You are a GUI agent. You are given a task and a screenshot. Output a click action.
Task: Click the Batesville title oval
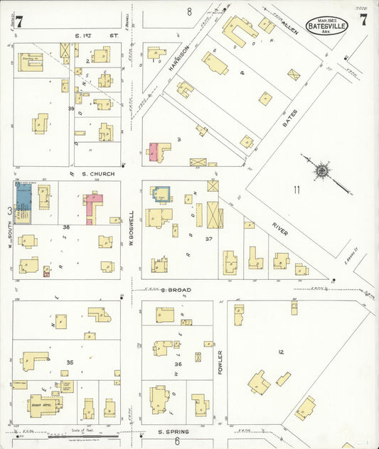327,26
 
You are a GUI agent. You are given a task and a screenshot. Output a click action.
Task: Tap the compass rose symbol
322,171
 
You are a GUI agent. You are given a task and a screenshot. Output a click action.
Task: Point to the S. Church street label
98,173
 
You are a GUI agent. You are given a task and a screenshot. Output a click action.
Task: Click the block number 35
70,362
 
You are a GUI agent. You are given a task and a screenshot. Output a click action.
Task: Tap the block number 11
296,189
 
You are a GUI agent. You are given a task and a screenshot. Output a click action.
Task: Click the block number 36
178,364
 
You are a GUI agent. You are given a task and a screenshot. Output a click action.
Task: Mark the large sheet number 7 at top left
19,21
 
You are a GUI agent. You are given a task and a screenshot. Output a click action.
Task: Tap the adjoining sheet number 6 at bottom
178,441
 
